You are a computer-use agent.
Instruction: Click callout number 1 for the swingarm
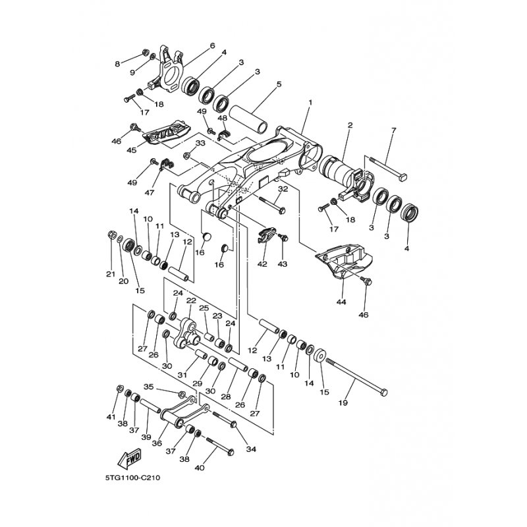[310, 103]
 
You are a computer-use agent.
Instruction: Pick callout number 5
[279, 84]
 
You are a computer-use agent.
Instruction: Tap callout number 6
[213, 45]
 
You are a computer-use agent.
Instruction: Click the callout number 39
[146, 437]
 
